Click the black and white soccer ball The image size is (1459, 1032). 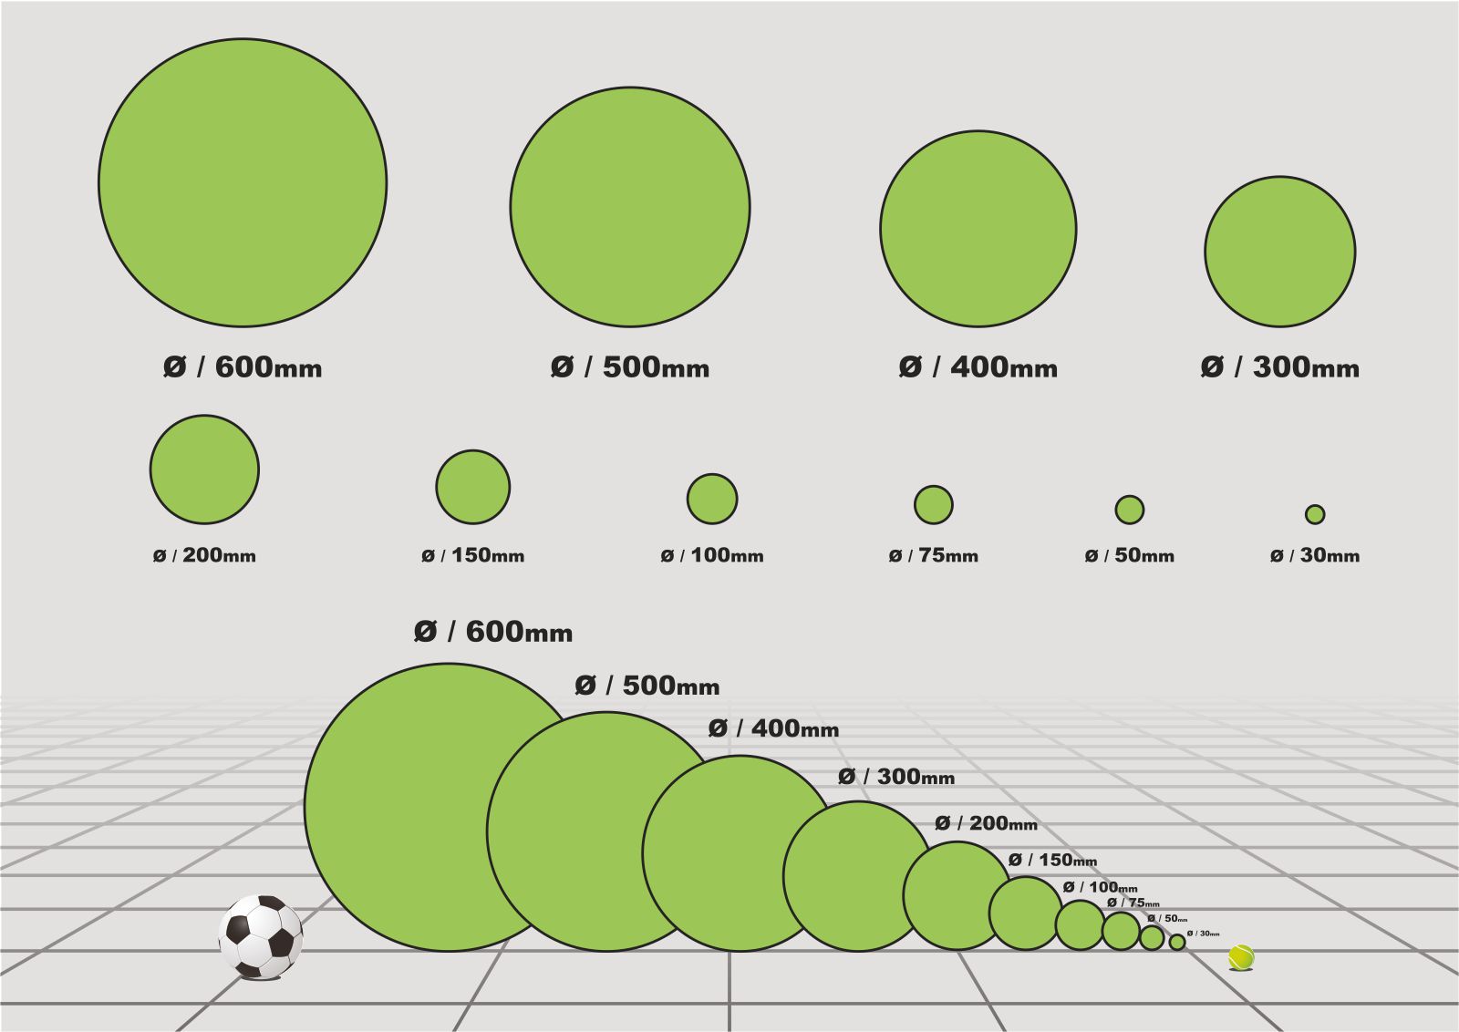(261, 937)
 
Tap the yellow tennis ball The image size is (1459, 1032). (1241, 957)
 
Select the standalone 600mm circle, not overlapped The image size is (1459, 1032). (243, 182)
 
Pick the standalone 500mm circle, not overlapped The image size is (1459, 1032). (630, 207)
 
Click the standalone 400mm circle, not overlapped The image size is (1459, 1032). (978, 229)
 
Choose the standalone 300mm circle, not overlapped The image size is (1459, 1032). (1280, 252)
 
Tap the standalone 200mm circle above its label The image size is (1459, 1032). (204, 470)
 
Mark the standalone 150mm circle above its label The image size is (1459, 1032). (472, 487)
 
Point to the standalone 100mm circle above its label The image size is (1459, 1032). (712, 499)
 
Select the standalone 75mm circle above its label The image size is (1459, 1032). (934, 504)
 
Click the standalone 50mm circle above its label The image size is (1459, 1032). (1130, 510)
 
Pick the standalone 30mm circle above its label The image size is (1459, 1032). (1315, 514)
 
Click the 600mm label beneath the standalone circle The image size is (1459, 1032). (243, 367)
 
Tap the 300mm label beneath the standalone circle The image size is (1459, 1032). (1280, 367)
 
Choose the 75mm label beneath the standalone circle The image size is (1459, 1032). (934, 555)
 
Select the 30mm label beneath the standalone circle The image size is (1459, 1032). (1315, 555)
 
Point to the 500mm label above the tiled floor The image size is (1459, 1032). (647, 686)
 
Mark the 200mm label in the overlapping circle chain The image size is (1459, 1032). (986, 824)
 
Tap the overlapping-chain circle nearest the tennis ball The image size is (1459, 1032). (1177, 942)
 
